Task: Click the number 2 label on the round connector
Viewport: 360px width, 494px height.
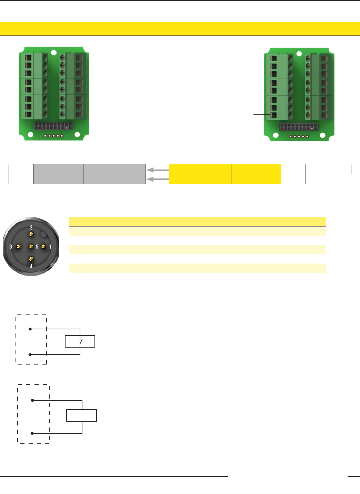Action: click(31, 227)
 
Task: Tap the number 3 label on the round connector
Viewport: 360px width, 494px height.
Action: click(11, 247)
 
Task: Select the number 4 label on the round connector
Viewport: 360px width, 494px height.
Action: click(31, 266)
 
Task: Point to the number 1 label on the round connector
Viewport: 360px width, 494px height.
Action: click(50, 247)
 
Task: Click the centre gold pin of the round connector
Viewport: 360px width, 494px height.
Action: click(31, 247)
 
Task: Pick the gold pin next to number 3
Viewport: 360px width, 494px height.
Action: click(19, 247)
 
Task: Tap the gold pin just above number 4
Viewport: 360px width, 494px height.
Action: click(31, 259)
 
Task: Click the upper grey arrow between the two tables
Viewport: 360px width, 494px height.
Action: click(157, 170)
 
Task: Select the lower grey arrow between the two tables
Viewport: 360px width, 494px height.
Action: click(157, 179)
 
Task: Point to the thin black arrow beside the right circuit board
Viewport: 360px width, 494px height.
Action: click(262, 114)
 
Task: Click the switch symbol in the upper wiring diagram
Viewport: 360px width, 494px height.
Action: click(81, 342)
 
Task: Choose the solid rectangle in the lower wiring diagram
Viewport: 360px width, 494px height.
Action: click(81, 415)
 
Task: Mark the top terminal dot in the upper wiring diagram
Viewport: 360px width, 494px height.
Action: click(30, 329)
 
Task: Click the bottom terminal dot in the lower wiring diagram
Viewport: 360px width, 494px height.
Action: click(32, 433)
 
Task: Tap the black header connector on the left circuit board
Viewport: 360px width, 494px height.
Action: click(53, 126)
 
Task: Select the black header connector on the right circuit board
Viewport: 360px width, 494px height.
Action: click(299, 127)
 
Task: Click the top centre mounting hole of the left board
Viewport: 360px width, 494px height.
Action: click(54, 53)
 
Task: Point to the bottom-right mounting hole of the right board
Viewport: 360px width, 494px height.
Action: click(322, 135)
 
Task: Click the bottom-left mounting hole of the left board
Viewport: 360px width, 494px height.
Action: click(30, 135)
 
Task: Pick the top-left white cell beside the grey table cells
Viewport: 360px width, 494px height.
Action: click(21, 169)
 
